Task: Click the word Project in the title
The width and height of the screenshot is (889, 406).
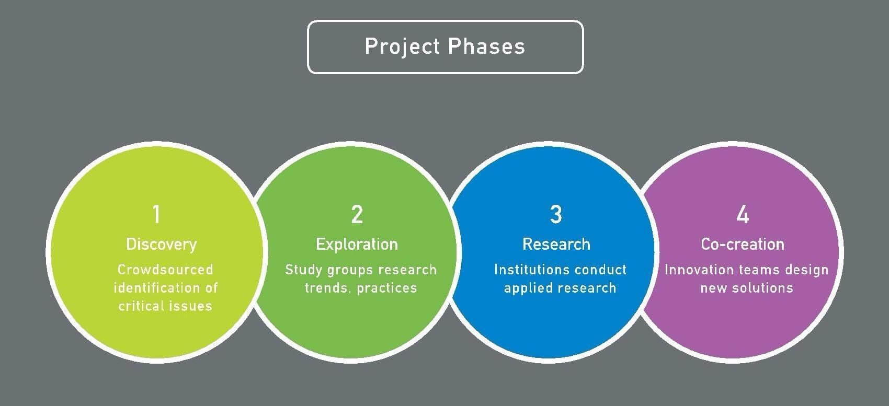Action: tap(402, 47)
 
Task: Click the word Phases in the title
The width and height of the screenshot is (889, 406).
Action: tap(486, 47)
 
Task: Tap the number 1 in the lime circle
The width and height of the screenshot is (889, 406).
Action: tap(156, 214)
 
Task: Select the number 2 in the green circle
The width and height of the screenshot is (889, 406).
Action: tap(357, 214)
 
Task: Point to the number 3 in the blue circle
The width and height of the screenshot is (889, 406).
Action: tap(556, 214)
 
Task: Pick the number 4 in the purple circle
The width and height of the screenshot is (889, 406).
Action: tap(743, 214)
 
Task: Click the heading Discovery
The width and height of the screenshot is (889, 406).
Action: tap(161, 244)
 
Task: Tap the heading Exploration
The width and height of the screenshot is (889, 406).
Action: tap(357, 244)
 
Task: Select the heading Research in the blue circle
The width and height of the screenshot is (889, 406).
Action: tap(556, 244)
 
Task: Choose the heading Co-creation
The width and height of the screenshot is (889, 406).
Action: tap(743, 244)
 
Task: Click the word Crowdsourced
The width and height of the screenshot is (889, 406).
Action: tap(165, 270)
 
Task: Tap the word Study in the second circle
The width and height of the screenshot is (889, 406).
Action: tap(303, 270)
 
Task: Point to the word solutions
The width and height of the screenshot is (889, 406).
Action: tap(764, 288)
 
